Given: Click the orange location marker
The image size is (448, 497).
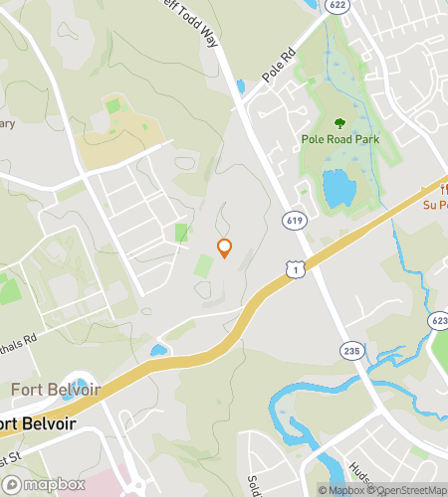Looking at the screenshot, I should point(225,248).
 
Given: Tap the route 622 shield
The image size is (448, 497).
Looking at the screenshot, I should point(339,6).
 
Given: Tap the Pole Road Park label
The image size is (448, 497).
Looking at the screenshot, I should point(339,140).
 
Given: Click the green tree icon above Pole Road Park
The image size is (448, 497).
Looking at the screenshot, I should point(339,123).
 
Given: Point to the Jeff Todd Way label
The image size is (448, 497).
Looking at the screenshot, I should point(200,17).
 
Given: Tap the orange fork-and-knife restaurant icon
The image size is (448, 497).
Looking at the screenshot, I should point(441,189).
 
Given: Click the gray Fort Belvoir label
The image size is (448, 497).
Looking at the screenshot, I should point(56,389).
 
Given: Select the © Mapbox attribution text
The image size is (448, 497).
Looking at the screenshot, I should point(341,489).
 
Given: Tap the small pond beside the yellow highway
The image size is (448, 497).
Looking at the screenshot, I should point(158,350).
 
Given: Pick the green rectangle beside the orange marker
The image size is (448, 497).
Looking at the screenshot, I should point(203,265).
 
